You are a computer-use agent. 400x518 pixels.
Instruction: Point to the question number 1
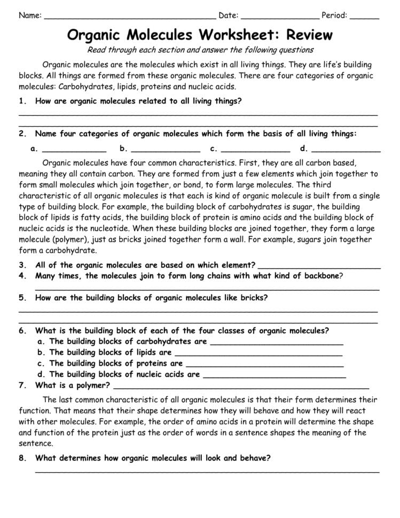pyautogui.click(x=22, y=100)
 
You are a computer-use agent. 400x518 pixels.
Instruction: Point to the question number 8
pyautogui.click(x=22, y=458)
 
